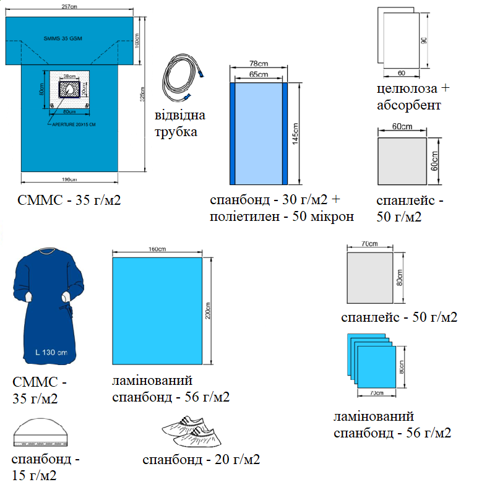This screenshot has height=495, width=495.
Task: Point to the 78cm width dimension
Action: (x=258, y=64)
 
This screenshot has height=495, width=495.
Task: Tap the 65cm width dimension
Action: (x=258, y=74)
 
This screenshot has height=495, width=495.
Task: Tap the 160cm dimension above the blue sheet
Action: (x=157, y=249)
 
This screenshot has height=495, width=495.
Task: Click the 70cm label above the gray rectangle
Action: (x=369, y=244)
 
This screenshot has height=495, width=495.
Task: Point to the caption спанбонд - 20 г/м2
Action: (x=201, y=459)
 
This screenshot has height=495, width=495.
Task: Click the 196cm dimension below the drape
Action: (x=70, y=180)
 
